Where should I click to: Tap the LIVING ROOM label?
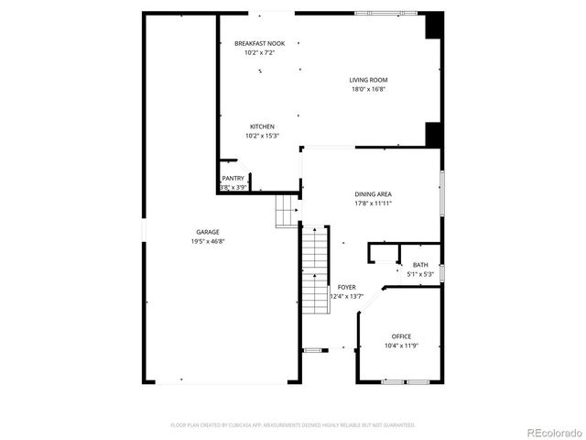coord(368,80)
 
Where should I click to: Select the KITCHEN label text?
coord(262,126)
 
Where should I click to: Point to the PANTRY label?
coord(233,178)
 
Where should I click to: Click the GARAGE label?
coord(207,232)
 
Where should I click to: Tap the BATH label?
coord(419,265)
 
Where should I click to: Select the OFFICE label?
coord(401,336)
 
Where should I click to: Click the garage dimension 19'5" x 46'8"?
coord(207,241)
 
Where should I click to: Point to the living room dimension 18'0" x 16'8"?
coord(368,89)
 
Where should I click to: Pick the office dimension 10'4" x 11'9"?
coord(401,346)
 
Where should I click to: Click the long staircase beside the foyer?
coord(315,270)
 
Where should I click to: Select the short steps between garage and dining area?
coord(287,212)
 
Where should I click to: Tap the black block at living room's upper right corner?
coord(434,25)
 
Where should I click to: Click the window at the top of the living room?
coord(385,13)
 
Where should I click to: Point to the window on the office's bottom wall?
coord(406,381)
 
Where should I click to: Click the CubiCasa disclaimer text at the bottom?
coord(293,425)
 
